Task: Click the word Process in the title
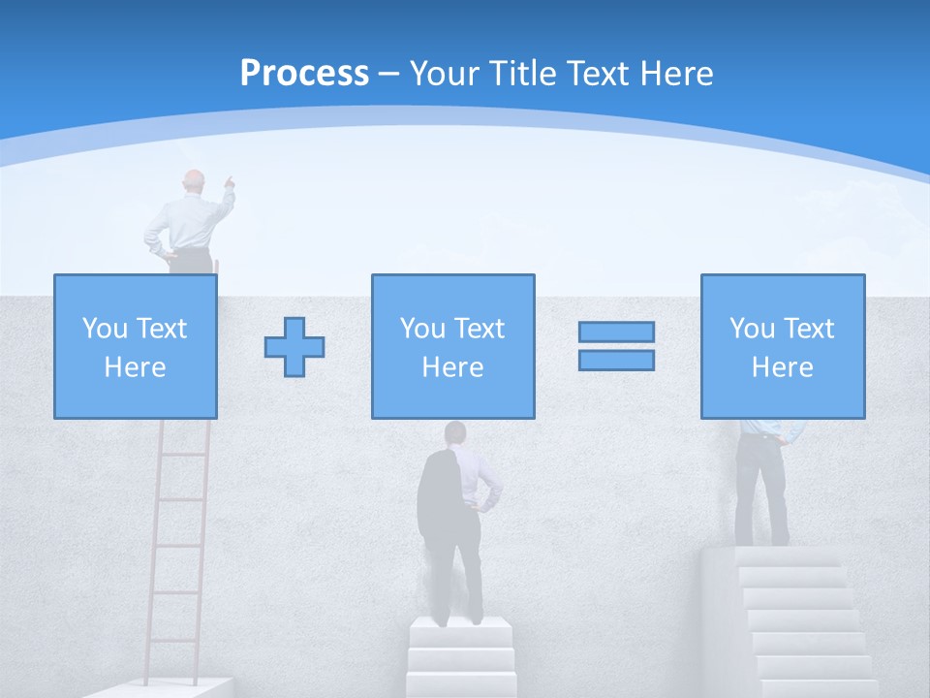point(304,74)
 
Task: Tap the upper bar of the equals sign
point(616,333)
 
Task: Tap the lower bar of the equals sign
point(616,360)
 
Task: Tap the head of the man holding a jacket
point(454,432)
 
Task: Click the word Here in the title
point(674,74)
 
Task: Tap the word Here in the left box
point(135,367)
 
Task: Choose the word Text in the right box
point(810,329)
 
